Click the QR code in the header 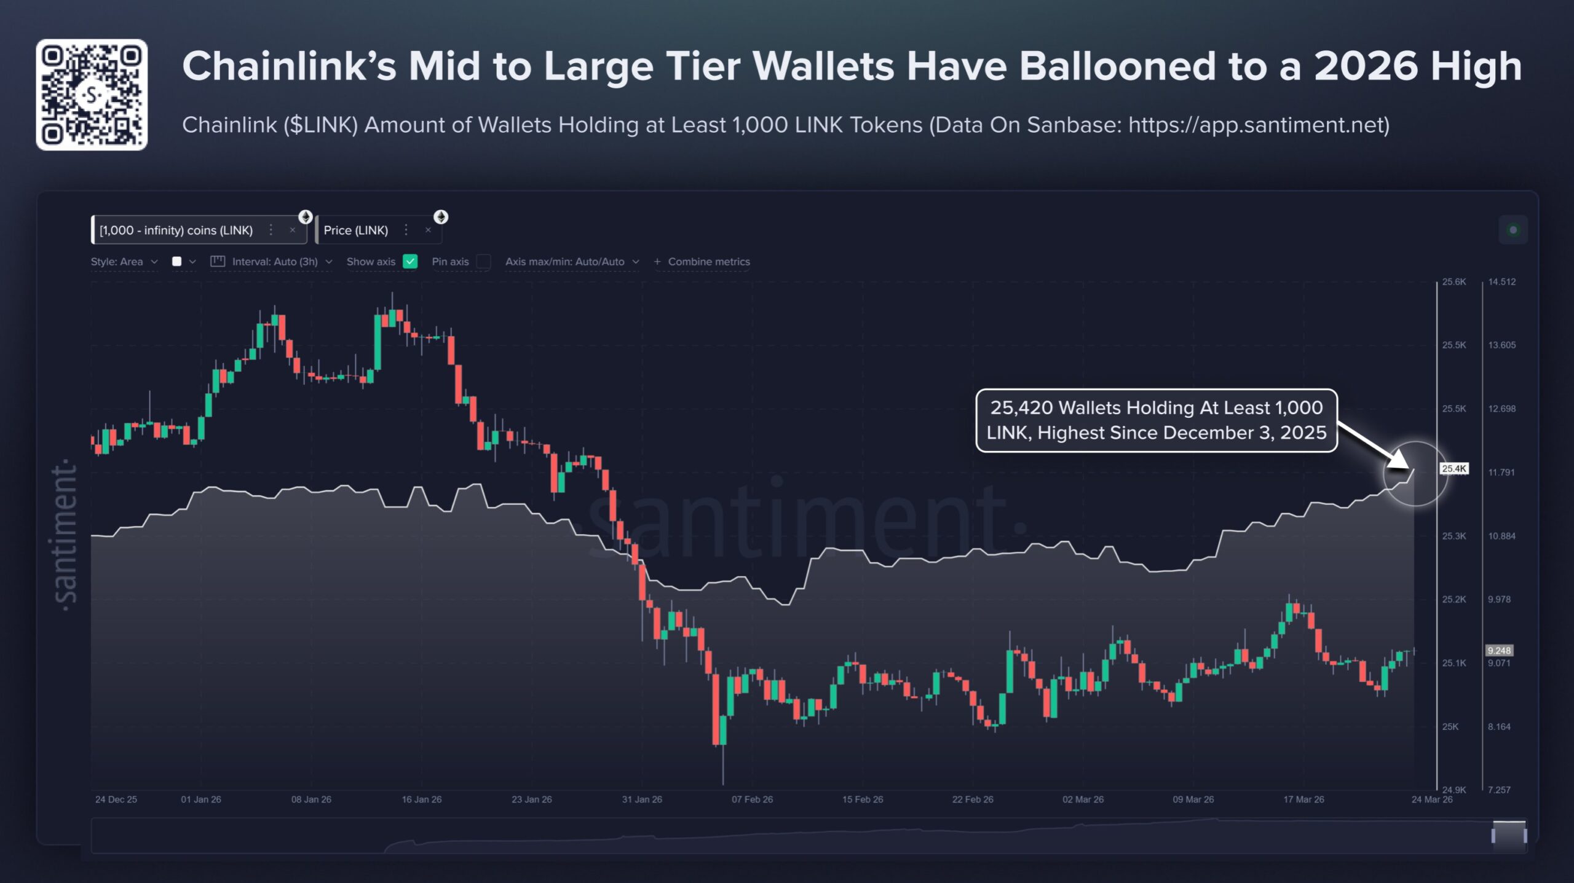(92, 95)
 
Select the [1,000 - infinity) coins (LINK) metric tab (176, 230)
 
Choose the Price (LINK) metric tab (356, 230)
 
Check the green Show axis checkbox (410, 262)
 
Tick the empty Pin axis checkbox (484, 262)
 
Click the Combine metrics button (702, 262)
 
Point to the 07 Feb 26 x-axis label (752, 799)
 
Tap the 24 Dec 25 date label (116, 799)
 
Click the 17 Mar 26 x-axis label (1303, 799)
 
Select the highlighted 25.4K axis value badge (1454, 469)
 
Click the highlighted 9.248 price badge (1499, 650)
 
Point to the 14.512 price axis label (1501, 282)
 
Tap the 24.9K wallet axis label (1454, 790)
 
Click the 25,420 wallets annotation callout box (1156, 420)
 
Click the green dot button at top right (1513, 230)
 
